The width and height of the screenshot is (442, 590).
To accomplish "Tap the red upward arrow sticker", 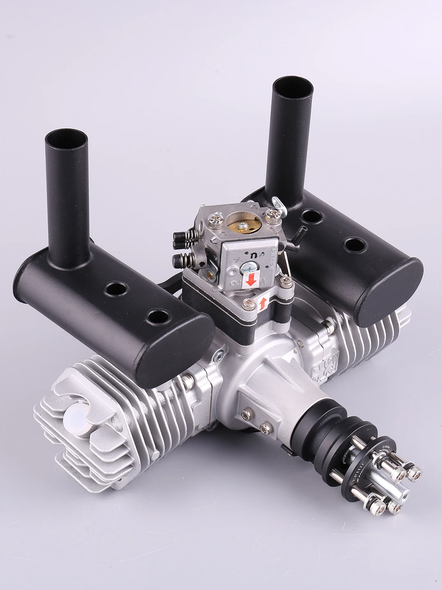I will coord(262,303).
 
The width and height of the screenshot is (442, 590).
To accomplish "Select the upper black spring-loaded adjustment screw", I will coord(180,237).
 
